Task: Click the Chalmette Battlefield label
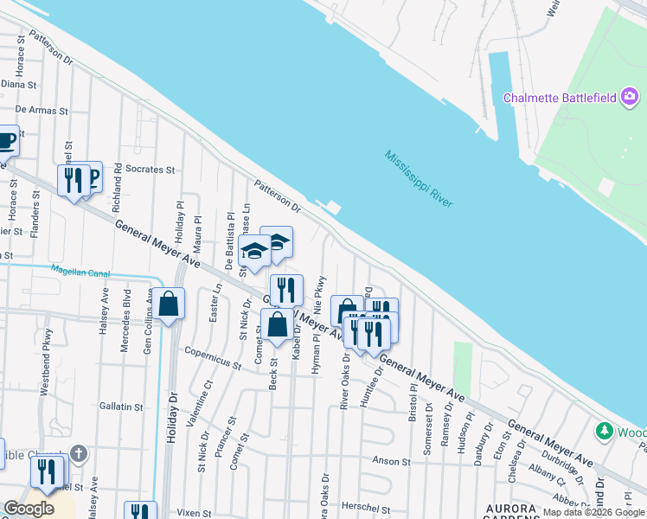coord(559,97)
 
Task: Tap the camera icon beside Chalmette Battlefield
coord(631,96)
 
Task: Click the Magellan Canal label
coord(80,272)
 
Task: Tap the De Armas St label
coord(41,111)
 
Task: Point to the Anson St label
coord(391,461)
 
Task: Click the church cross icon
coord(79,453)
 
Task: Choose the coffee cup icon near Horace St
coord(5,140)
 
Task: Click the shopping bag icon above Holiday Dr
coord(170,304)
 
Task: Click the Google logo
coord(29,509)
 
